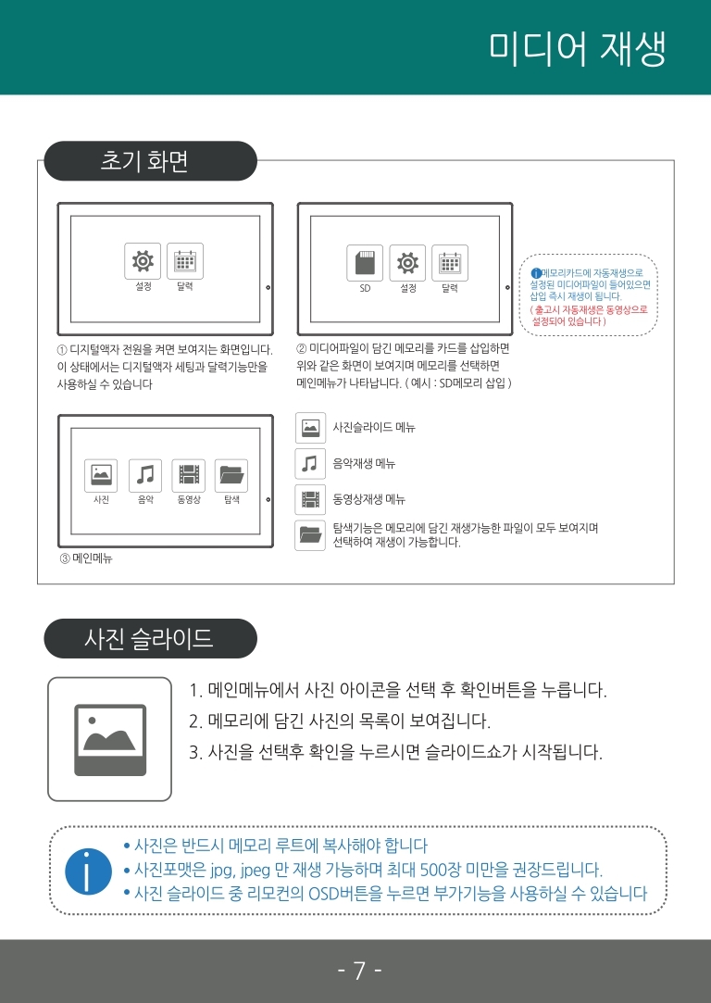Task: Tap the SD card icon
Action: point(365,263)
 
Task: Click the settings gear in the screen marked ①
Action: point(143,261)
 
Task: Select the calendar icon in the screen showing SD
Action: point(450,263)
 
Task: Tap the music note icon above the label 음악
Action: point(145,476)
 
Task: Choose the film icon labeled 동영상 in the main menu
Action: point(189,476)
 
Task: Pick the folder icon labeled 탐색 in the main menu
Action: point(231,476)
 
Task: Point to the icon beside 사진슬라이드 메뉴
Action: point(310,428)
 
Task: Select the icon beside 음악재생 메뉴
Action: point(310,463)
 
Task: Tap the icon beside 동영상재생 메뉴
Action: point(310,500)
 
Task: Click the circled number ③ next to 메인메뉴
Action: point(65,558)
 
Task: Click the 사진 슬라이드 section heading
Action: point(148,638)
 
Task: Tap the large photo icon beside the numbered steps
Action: point(109,738)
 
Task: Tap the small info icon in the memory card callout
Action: point(536,271)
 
